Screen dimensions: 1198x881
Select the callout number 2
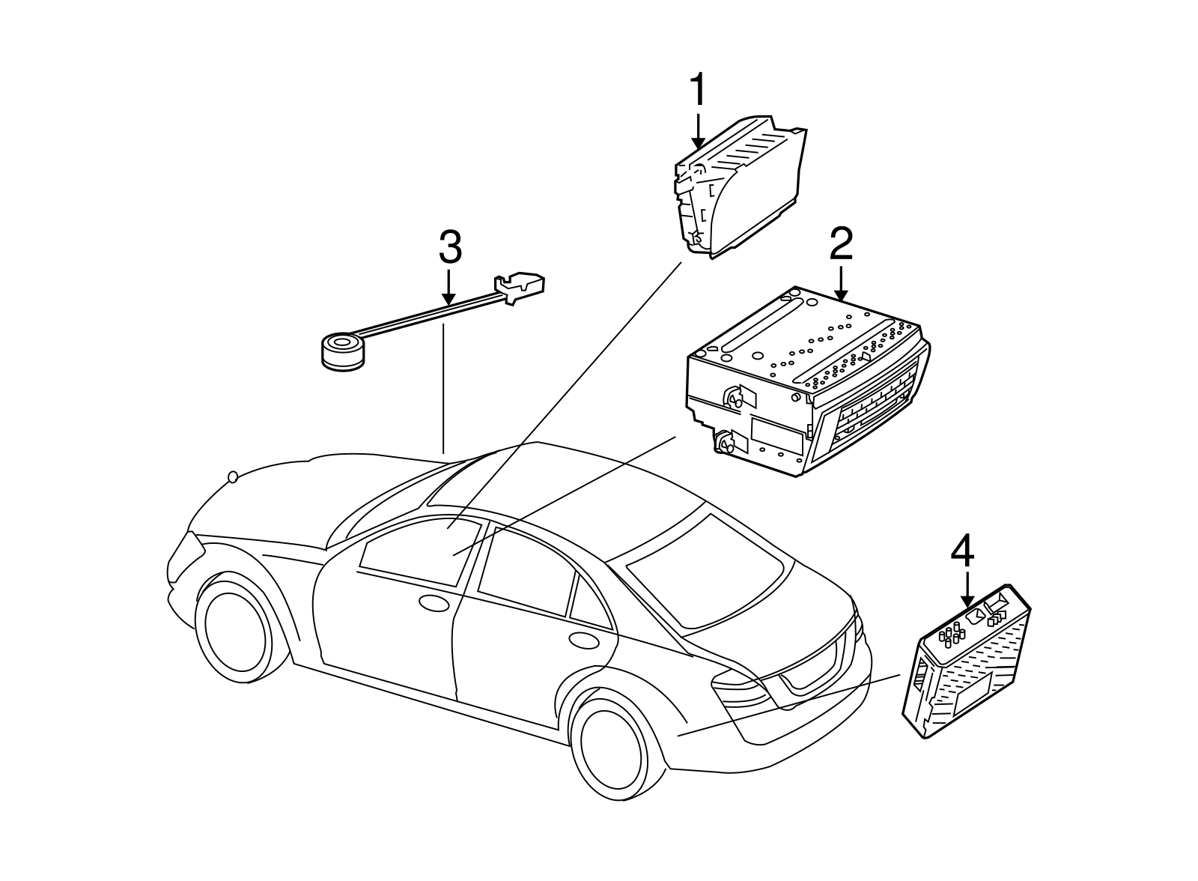(842, 244)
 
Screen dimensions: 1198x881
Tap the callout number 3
(450, 246)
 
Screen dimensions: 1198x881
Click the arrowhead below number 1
(698, 142)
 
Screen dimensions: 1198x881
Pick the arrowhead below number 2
(841, 294)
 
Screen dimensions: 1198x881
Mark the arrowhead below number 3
(449, 299)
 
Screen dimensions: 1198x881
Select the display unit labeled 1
(740, 187)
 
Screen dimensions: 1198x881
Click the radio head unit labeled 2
(807, 381)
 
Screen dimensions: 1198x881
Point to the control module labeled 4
(967, 661)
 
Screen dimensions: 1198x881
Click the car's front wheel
(235, 631)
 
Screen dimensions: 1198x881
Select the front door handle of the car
(434, 603)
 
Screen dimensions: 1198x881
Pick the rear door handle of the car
(584, 640)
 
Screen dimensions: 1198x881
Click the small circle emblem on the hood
(233, 477)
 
